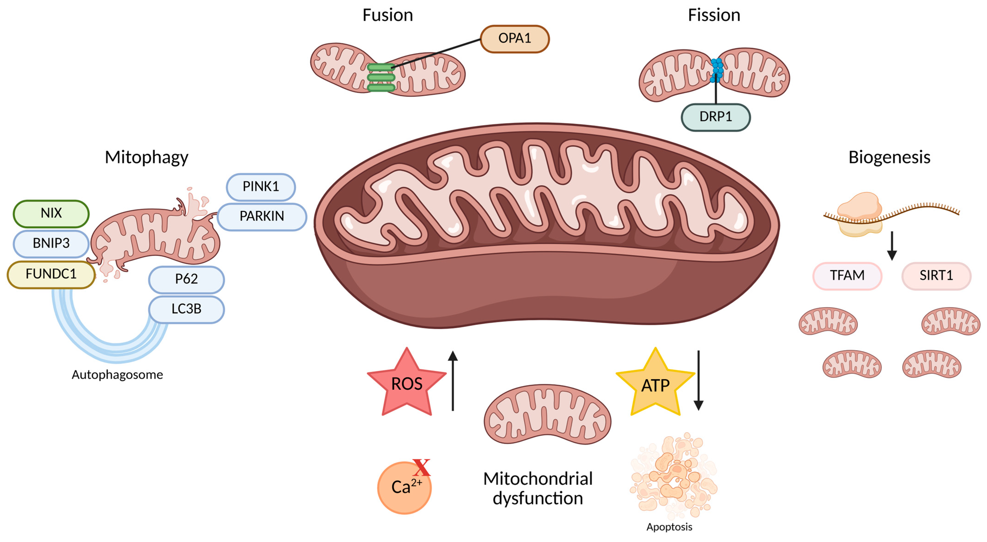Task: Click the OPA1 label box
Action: (x=515, y=39)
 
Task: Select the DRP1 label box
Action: (x=715, y=117)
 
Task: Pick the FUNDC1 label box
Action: (x=51, y=274)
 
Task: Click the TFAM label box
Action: (x=847, y=275)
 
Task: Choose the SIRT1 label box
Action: (x=936, y=275)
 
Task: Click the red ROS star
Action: (x=406, y=384)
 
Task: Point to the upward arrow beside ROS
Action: (x=453, y=381)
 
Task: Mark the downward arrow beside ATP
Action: (x=699, y=381)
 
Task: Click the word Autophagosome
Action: (x=117, y=375)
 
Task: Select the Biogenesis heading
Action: (x=889, y=157)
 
